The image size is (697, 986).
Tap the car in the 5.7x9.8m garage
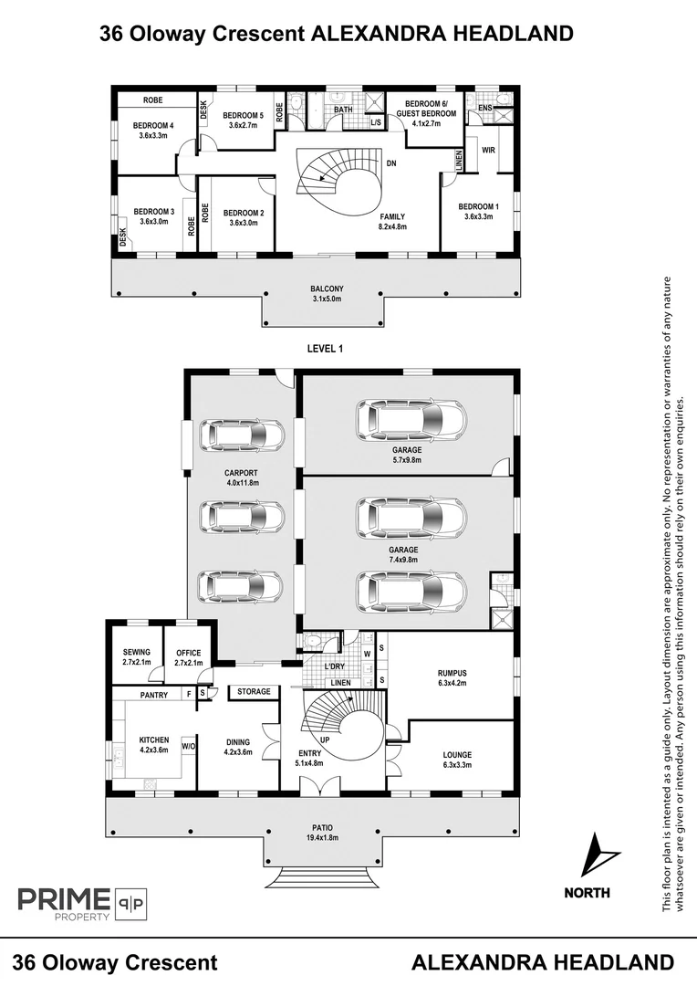(x=411, y=420)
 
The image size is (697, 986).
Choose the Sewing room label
(x=136, y=652)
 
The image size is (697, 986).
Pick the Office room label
(x=188, y=652)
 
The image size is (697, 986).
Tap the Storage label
(x=254, y=692)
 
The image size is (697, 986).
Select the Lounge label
(x=456, y=754)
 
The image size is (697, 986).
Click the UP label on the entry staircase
(x=324, y=739)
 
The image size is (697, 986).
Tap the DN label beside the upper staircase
(x=390, y=163)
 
